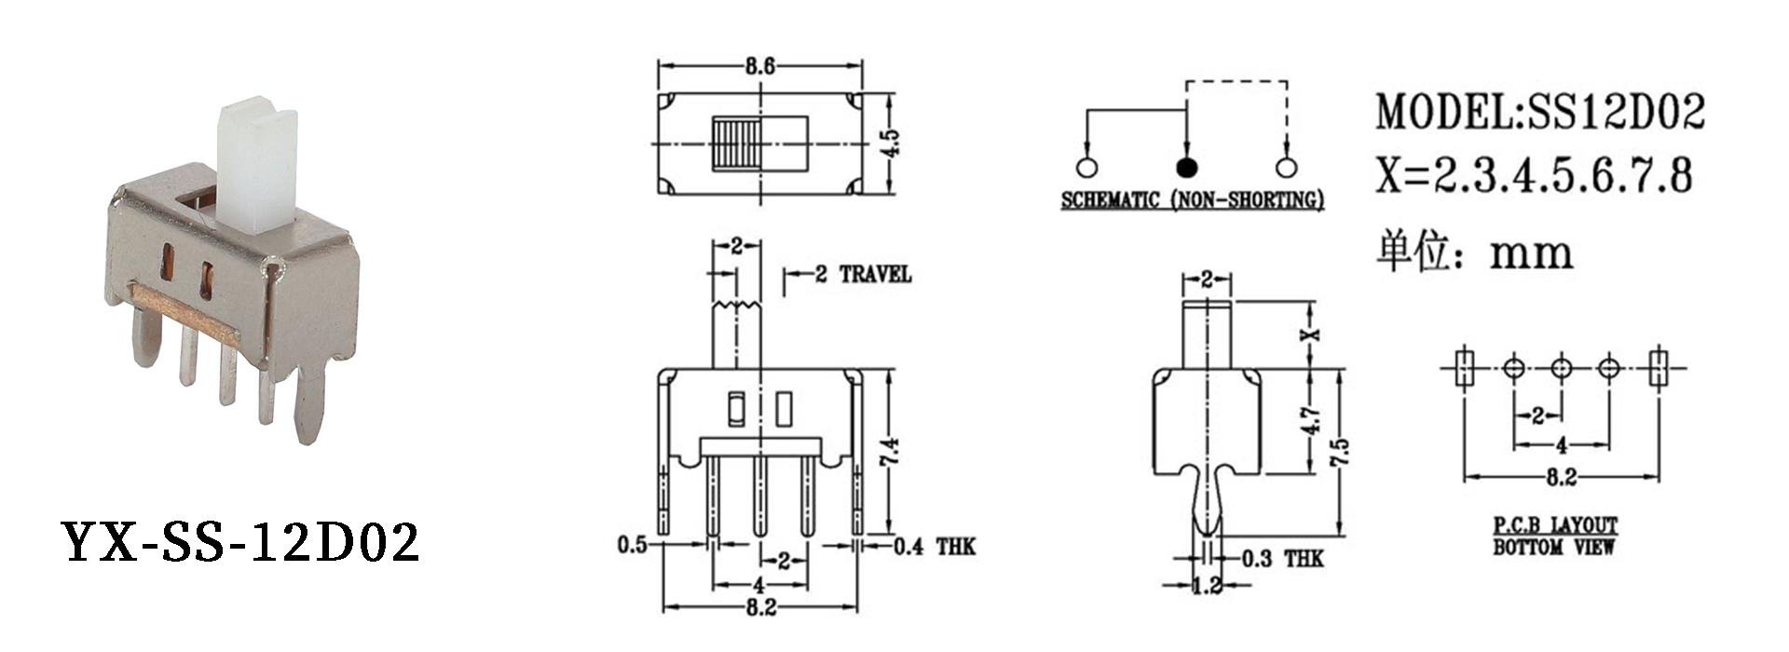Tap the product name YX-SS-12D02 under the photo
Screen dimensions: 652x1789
pyautogui.click(x=240, y=543)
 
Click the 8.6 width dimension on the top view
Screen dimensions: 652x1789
pyautogui.click(x=759, y=67)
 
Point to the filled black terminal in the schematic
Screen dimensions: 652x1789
pyautogui.click(x=1186, y=168)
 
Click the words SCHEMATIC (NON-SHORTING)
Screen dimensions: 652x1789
pyautogui.click(x=1192, y=200)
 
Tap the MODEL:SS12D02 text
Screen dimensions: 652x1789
pyautogui.click(x=1540, y=112)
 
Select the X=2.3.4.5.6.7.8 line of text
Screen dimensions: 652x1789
pyautogui.click(x=1534, y=175)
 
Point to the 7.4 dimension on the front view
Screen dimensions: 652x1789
pyautogui.click(x=890, y=453)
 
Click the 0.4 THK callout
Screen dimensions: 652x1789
pyautogui.click(x=934, y=547)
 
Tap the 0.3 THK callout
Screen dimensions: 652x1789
pyautogui.click(x=1282, y=559)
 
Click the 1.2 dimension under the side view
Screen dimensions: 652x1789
pyautogui.click(x=1207, y=586)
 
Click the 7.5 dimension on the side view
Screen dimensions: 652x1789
pyautogui.click(x=1339, y=453)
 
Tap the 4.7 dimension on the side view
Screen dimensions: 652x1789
pyautogui.click(x=1311, y=421)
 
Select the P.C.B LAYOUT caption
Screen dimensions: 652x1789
pyautogui.click(x=1555, y=526)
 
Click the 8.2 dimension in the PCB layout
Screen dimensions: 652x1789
pyautogui.click(x=1561, y=478)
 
